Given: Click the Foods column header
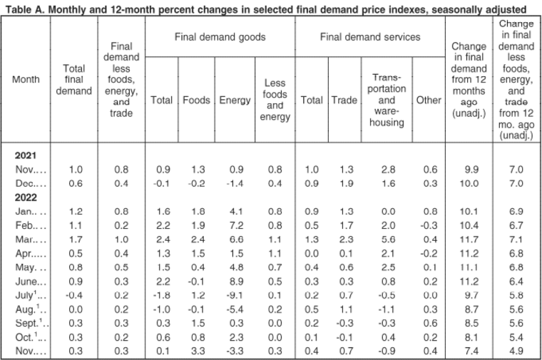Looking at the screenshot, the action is [196, 101].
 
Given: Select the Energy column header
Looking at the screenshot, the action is [235, 101].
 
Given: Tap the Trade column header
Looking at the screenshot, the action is [344, 101].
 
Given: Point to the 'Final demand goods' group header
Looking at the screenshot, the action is [220, 37].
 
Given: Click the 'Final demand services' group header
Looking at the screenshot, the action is [370, 37].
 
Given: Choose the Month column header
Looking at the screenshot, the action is [26, 79].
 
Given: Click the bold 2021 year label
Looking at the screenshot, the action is [26, 155].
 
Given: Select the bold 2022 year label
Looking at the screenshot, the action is [26, 197].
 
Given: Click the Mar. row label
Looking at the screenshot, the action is [26, 240].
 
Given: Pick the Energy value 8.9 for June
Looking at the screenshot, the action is [237, 282].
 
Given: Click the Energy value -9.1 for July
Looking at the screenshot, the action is [235, 295].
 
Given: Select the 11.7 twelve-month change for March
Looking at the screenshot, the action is [469, 240].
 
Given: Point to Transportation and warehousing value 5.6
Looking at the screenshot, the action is [388, 240].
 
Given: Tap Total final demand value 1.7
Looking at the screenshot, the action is [76, 240].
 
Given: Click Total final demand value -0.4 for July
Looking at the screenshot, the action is [74, 295].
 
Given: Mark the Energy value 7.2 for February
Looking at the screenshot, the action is [237, 225].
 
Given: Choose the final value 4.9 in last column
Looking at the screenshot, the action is [516, 351].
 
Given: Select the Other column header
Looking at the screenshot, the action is [429, 101].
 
